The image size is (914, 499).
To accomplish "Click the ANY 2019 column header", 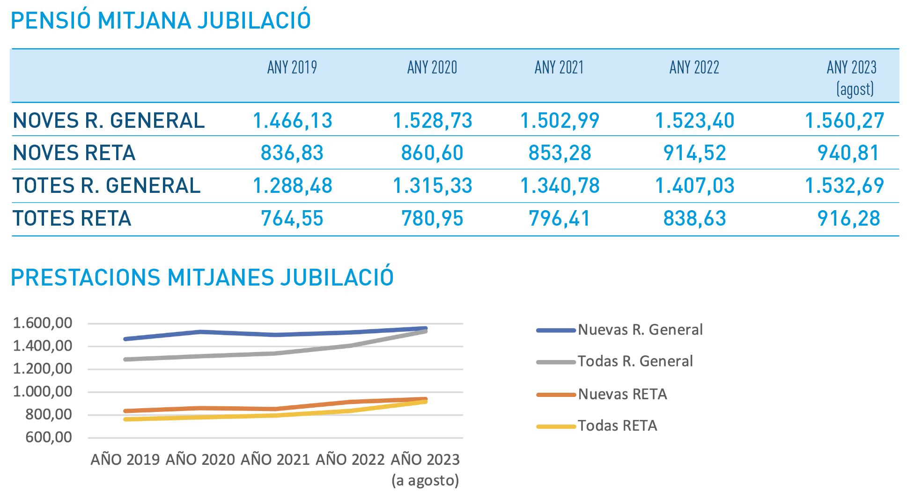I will point(292,67).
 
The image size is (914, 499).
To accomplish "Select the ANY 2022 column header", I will point(694,67).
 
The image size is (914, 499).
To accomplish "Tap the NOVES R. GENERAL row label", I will point(109,120).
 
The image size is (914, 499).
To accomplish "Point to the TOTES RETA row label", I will point(72,219).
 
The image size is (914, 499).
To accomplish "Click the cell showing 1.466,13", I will point(292,120).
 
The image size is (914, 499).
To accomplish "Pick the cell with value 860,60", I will point(432,153).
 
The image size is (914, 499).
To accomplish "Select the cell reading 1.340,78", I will point(560,186).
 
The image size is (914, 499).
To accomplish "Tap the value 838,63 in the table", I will point(694,219).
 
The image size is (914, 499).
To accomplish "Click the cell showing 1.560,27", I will point(844,120).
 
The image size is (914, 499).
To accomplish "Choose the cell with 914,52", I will point(694,153).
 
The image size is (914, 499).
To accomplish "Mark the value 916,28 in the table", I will point(848,219).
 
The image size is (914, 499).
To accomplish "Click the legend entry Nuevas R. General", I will point(640,330).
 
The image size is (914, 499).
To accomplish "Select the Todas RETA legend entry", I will point(617,426).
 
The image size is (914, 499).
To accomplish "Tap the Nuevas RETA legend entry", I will point(622,394).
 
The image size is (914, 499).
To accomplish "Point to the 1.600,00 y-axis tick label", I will point(43,323).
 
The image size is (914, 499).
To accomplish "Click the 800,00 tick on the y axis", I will point(49,414).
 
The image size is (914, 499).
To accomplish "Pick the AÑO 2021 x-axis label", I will point(275,459).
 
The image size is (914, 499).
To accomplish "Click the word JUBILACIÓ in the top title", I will point(254,21).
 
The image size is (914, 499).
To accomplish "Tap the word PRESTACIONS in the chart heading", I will point(86,278).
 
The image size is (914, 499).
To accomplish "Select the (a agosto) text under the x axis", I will point(425,480).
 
